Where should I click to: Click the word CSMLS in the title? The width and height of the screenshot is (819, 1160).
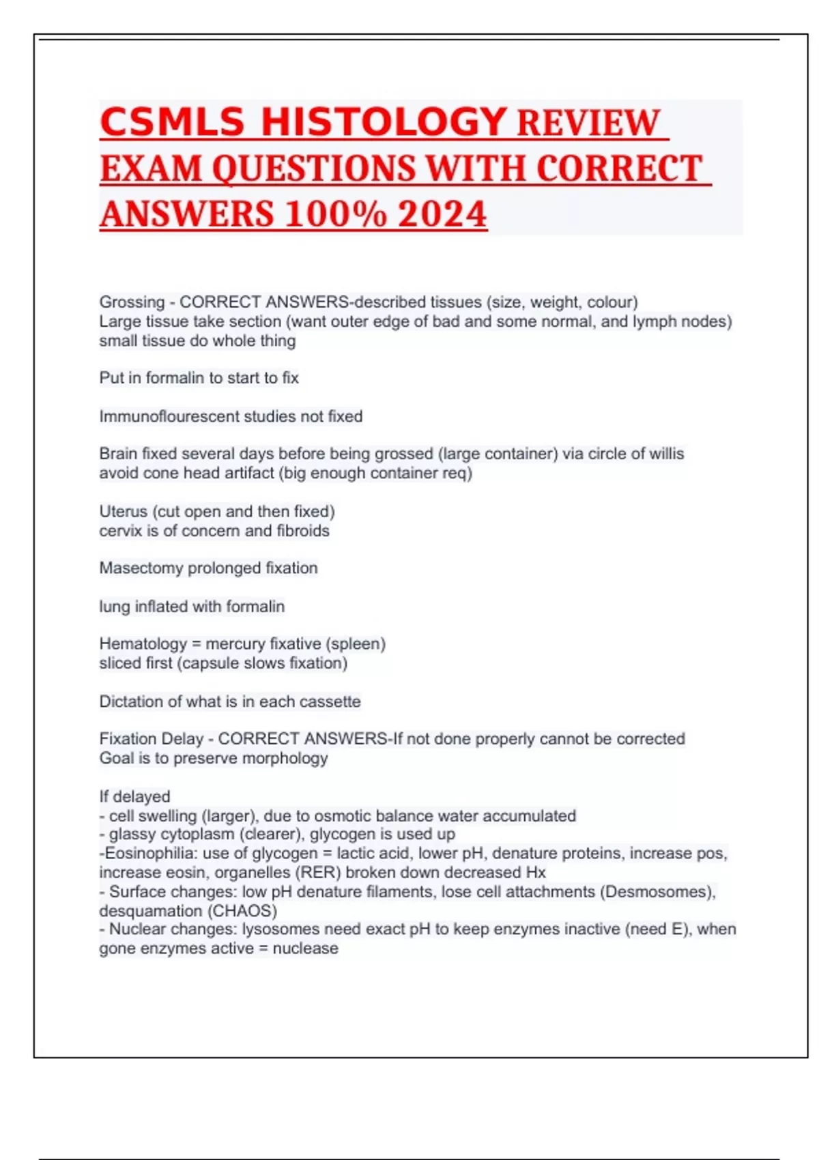click(172, 123)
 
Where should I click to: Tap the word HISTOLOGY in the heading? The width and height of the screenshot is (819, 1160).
click(384, 123)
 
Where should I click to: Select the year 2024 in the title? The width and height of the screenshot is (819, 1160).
click(442, 214)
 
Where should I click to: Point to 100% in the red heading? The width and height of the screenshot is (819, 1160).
click(335, 214)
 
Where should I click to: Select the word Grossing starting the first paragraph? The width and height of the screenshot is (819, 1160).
click(132, 302)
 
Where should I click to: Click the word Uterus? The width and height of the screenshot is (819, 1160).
click(123, 512)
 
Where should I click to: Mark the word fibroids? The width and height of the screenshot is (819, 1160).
click(303, 531)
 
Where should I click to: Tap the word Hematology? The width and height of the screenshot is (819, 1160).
click(143, 644)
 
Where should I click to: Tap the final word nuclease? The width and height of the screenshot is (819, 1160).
click(305, 948)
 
